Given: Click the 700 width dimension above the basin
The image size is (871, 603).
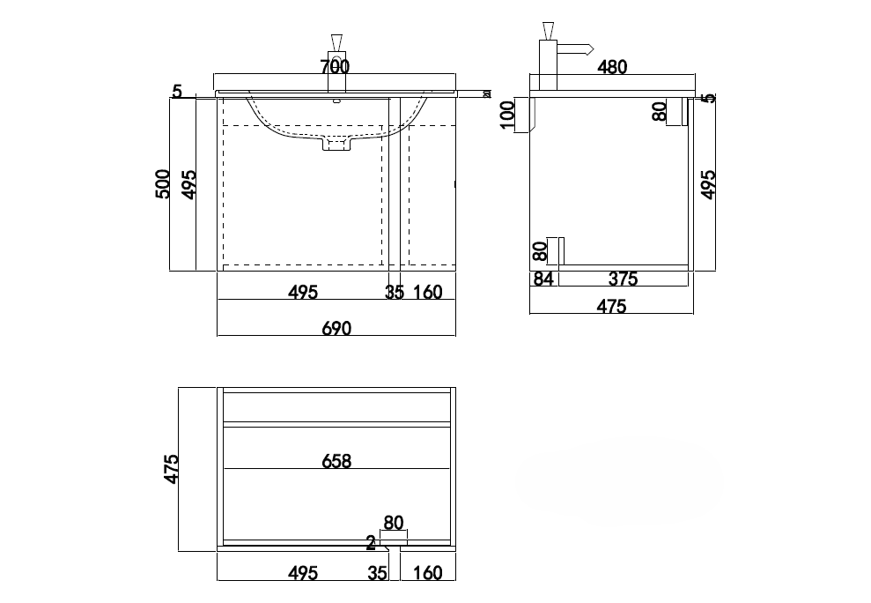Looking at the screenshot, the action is coord(335,67).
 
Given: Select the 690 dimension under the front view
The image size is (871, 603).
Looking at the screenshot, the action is coord(336,328).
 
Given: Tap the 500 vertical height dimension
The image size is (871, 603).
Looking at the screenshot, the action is coord(162,184).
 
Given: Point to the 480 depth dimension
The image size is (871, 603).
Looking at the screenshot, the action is coord(612,67).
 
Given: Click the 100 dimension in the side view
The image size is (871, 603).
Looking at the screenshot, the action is coord(507,115).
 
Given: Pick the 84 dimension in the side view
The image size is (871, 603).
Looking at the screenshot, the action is coord(543,279).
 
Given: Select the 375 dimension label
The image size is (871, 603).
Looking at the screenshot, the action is coord(623,279).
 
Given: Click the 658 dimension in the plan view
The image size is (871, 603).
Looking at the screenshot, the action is coord(336,461).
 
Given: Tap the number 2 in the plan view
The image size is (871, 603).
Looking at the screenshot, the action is coord(371,542).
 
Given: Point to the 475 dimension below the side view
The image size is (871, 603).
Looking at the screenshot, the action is coord(611,306).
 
